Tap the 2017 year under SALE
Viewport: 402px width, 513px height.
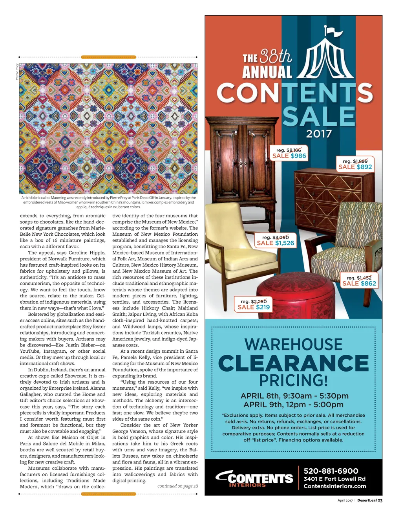click(319, 134)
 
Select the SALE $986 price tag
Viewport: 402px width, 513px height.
click(289, 153)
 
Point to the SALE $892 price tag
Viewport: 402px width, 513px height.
click(355, 164)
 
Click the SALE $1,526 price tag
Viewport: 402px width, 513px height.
click(275, 240)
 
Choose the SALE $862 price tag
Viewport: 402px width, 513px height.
click(359, 281)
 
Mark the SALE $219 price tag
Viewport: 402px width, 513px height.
click(254, 304)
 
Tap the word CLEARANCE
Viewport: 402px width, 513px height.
click(294, 363)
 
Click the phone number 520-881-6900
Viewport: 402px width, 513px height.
click(331, 471)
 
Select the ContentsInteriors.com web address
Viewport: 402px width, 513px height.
click(335, 486)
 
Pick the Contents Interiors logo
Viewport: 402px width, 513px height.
click(254, 478)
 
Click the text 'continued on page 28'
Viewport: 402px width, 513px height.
click(177, 486)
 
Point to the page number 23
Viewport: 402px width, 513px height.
click(380, 500)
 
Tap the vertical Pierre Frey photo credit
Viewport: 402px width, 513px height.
click(17, 71)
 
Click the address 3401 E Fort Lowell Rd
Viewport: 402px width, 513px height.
click(334, 479)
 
